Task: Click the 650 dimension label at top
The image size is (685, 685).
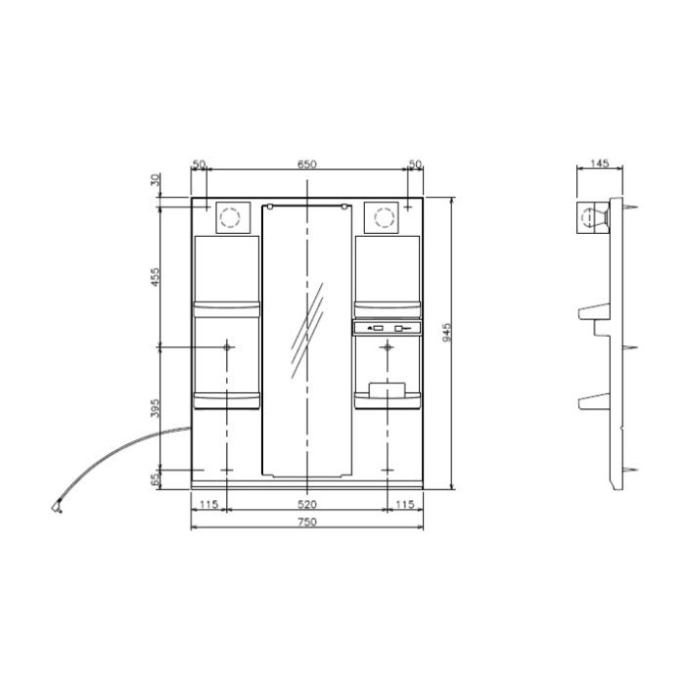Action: click(306, 164)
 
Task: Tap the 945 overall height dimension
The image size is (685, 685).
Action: click(446, 333)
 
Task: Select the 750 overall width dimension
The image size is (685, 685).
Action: click(307, 522)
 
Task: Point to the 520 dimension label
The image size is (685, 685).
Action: click(307, 505)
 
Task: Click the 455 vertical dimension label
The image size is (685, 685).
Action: click(155, 277)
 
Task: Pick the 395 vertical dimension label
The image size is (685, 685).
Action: click(155, 408)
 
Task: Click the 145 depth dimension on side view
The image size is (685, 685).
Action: click(599, 163)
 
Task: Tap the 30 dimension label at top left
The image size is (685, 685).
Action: click(155, 179)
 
